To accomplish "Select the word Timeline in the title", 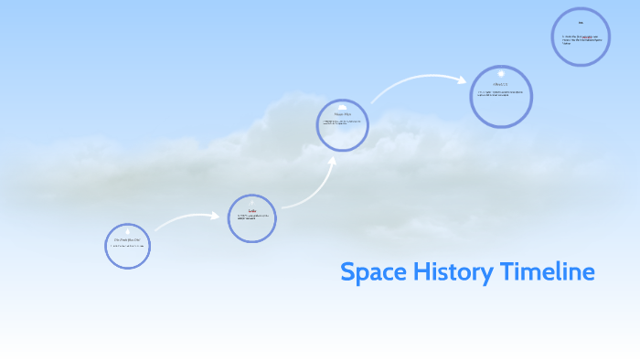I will (549, 272).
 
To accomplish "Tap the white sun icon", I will (501, 73).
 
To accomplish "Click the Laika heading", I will (251, 211).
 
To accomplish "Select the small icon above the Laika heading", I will (251, 204).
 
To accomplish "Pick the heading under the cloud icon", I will (342, 114).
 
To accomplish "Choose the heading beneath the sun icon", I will (500, 85).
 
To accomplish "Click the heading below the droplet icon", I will (127, 241).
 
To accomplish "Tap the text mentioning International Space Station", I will (581, 39).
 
